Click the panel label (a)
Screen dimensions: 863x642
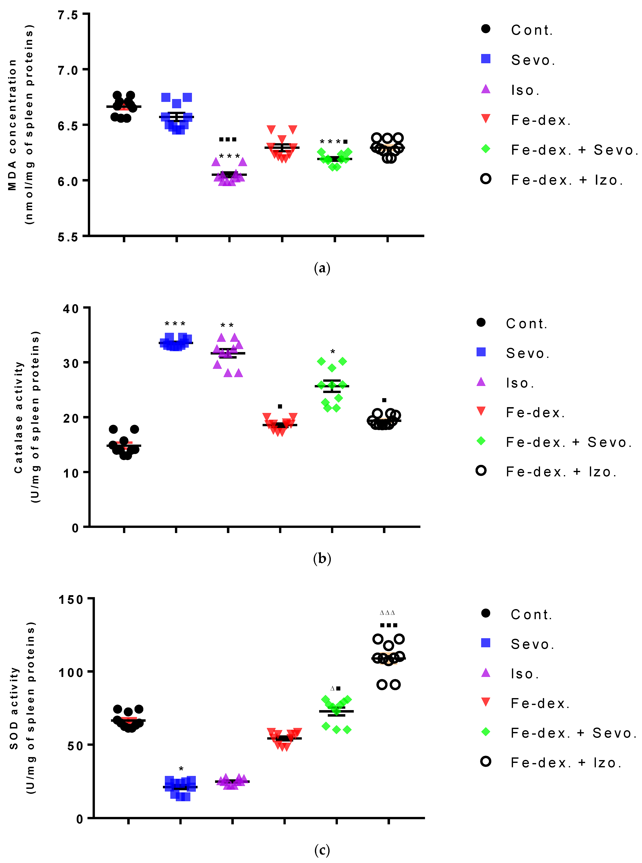pyautogui.click(x=322, y=268)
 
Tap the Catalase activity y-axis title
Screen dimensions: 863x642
pyautogui.click(x=27, y=417)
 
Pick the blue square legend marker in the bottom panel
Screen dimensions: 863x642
pyautogui.click(x=485, y=643)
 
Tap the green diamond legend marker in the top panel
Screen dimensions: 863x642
pyautogui.click(x=485, y=149)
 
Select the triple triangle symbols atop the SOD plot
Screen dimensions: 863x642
pyautogui.click(x=387, y=613)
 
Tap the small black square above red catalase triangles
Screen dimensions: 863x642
pyautogui.click(x=280, y=406)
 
